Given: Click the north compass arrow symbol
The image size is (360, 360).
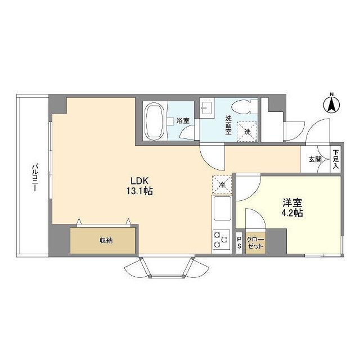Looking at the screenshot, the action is point(331,105).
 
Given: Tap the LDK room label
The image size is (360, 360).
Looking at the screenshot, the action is point(139,181).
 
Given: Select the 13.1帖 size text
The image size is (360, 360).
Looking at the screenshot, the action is point(139,191).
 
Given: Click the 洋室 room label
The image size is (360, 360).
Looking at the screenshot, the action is point(292,202).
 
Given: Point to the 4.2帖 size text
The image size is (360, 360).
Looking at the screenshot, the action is point(292,213).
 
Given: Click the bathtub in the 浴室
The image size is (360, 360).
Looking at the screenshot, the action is point(155,121).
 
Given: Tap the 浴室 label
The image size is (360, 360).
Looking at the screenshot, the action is point(183,121).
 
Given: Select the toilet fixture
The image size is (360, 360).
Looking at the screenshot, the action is point(245,106).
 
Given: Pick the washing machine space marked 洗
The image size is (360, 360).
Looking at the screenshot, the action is point(247,132).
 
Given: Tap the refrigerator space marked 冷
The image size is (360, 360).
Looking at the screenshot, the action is point(222,185).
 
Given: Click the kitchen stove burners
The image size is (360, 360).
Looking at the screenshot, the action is point(221,240).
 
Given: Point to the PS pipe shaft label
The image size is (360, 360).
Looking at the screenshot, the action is point(239,243).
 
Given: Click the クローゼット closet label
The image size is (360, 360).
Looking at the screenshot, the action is point(255,243).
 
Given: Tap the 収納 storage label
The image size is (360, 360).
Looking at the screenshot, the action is point(106,241).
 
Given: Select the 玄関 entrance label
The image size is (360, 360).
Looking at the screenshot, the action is point(315,159).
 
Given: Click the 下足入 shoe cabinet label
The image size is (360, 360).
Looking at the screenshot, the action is point(336,159).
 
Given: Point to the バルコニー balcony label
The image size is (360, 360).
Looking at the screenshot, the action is point(35,177).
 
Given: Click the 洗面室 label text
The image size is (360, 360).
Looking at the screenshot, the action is point(228,125).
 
